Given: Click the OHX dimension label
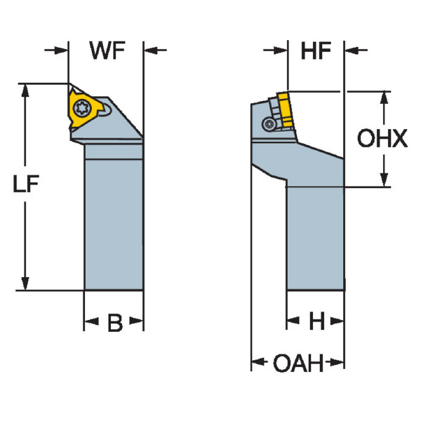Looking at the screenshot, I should coord(382,139).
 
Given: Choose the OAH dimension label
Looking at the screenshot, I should coord(298,363).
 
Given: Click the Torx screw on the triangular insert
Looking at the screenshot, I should coord(79,108).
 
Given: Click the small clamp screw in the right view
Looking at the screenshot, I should coord(269,123).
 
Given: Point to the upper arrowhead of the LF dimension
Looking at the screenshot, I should coord(26,91).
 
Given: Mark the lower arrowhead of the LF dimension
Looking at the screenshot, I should coord(26,283).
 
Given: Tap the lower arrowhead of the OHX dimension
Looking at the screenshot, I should coord(384,181).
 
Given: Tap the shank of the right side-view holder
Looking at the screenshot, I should coord(315,239).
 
